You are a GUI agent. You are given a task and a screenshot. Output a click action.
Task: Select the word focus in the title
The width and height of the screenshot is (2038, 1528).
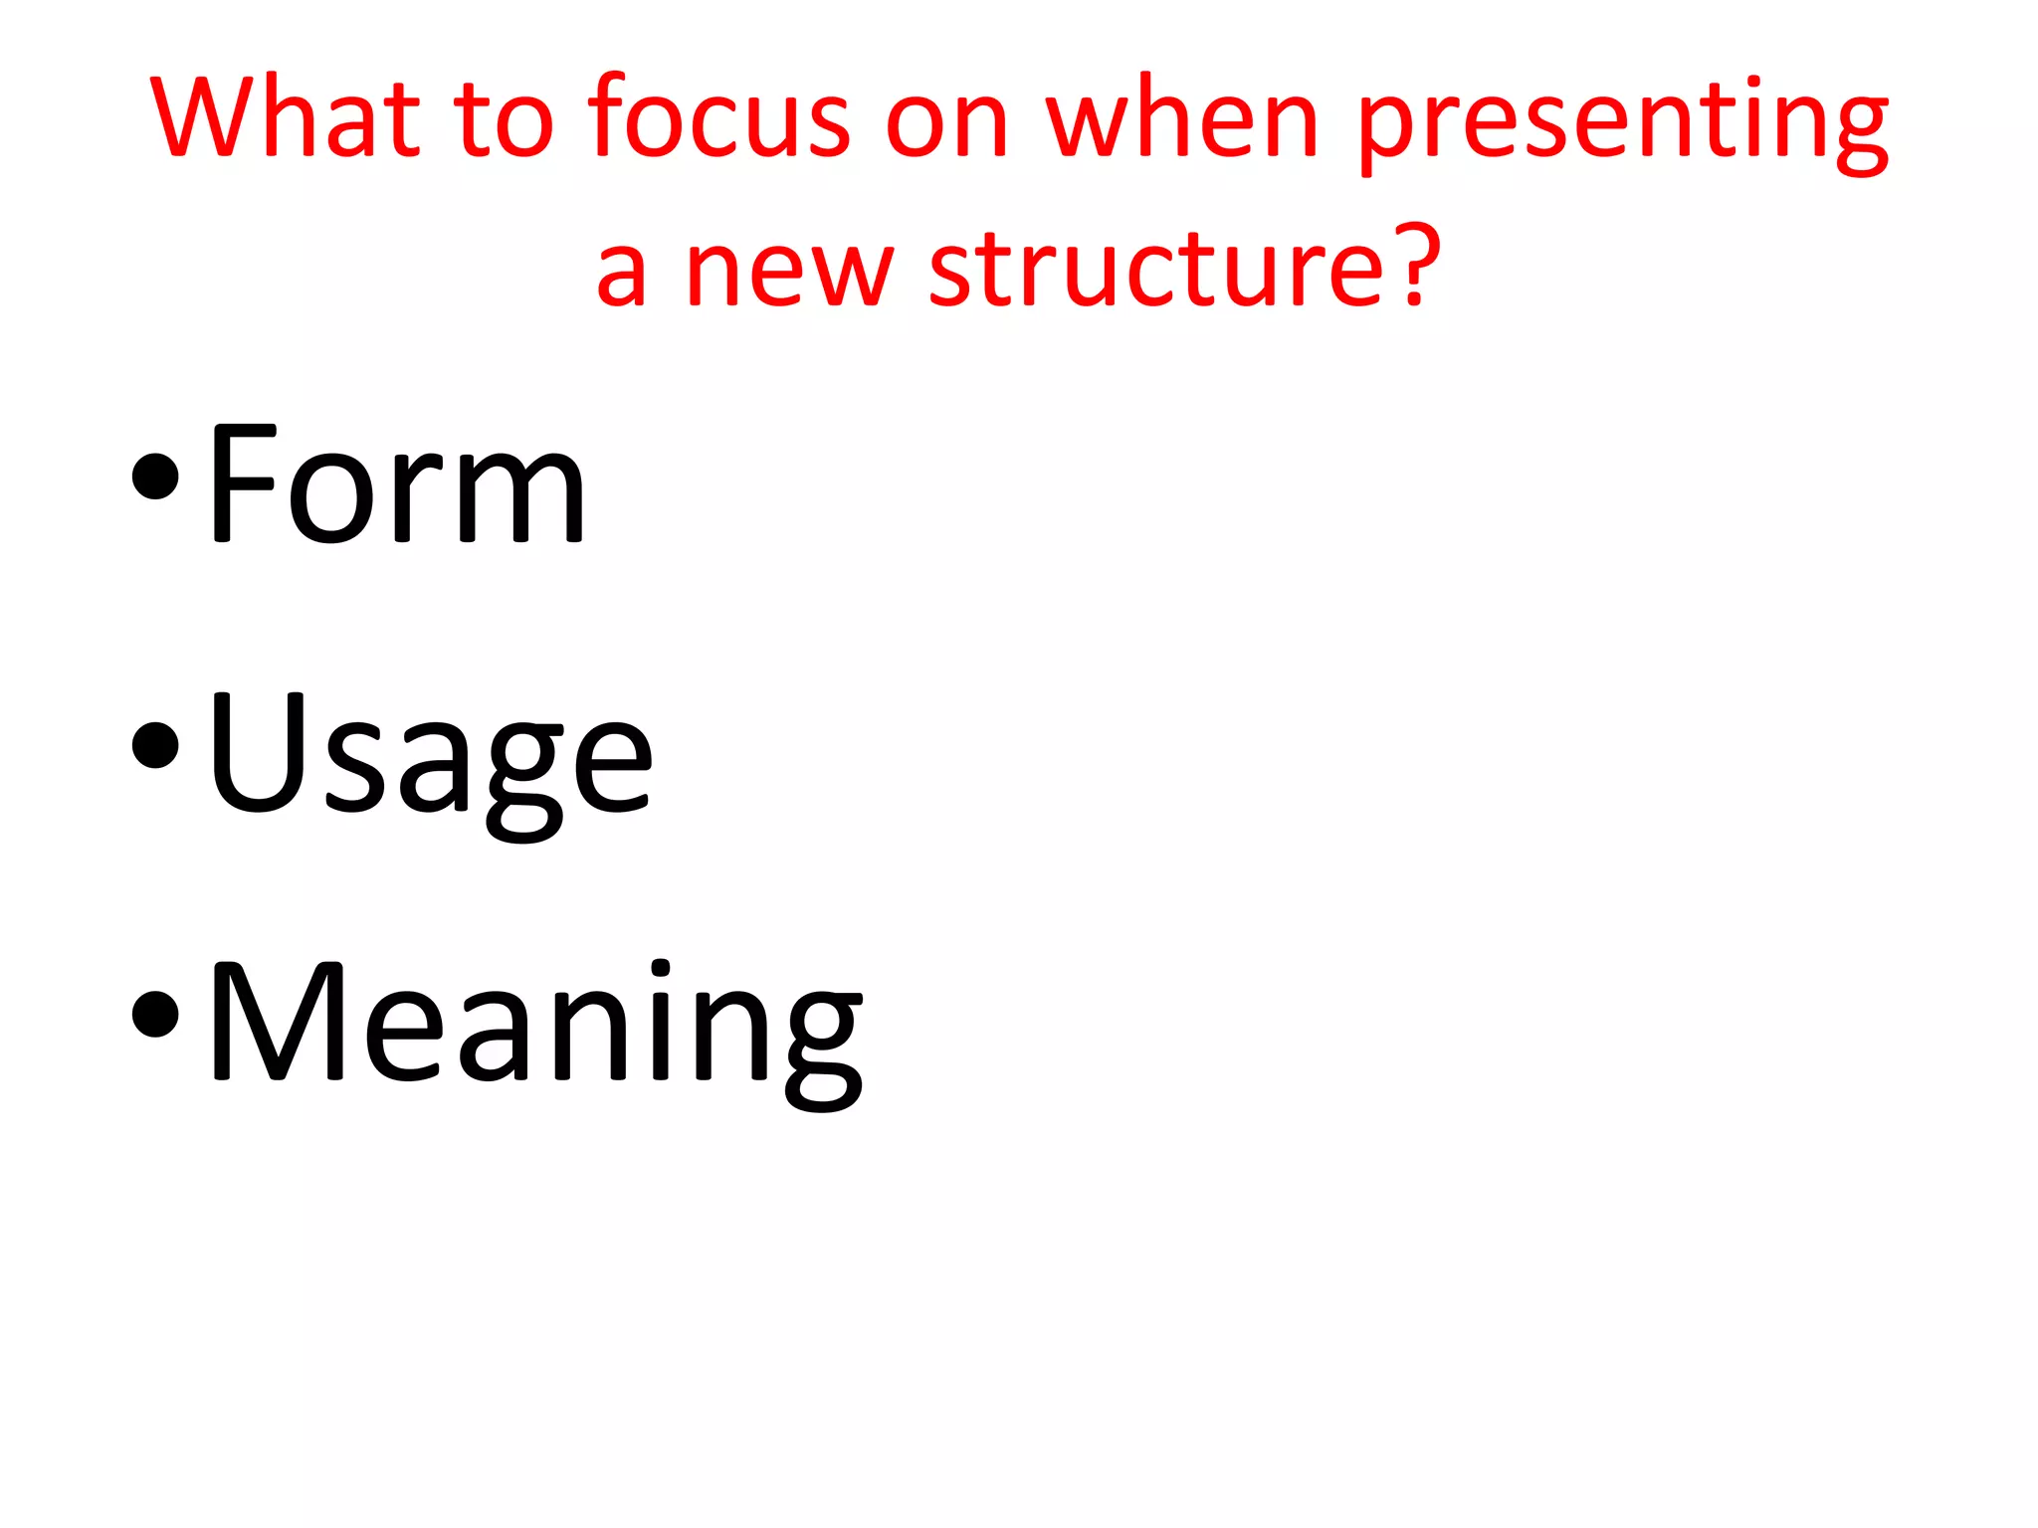click(718, 117)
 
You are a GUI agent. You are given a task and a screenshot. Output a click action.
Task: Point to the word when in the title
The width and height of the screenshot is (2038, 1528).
click(1182, 117)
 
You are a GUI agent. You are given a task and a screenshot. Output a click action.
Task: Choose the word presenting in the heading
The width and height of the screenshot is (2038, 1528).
click(1622, 124)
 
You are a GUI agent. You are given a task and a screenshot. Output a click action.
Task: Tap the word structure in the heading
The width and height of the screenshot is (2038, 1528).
click(1155, 267)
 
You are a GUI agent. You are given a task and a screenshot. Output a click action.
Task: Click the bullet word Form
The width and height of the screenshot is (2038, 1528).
click(396, 484)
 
